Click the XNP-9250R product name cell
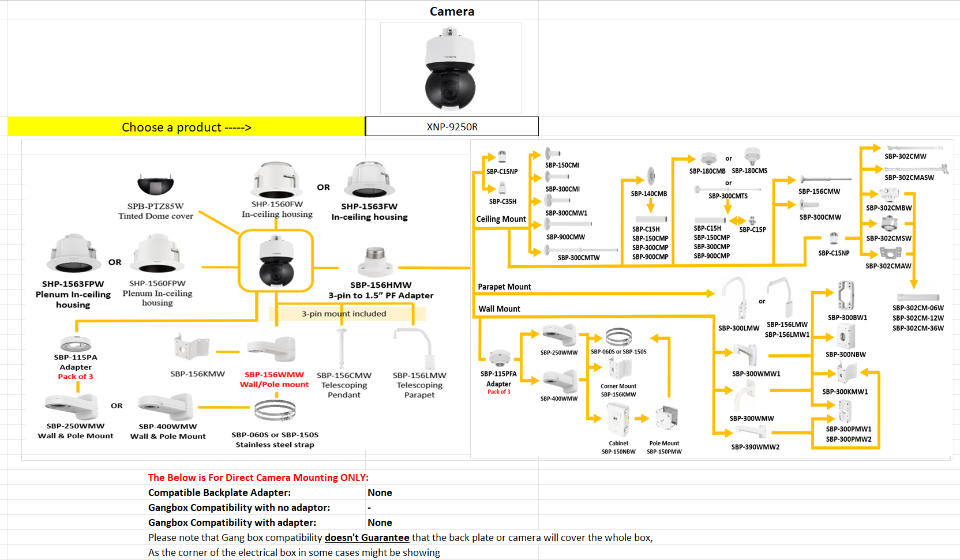(x=452, y=127)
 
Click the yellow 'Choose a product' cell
(x=186, y=127)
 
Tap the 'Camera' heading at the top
(x=452, y=12)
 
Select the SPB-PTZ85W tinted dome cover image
(x=156, y=185)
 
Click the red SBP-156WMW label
(x=274, y=374)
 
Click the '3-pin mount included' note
(x=344, y=314)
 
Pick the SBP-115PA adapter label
(x=76, y=358)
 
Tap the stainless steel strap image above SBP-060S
(x=275, y=411)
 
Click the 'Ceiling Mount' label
(x=501, y=219)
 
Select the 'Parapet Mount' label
(x=504, y=287)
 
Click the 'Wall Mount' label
(x=499, y=309)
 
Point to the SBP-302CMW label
(x=905, y=156)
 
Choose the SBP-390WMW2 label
(x=755, y=447)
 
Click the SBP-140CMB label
(x=648, y=194)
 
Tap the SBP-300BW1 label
(x=847, y=318)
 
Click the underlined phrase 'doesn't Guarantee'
(x=367, y=538)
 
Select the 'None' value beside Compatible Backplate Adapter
(x=380, y=493)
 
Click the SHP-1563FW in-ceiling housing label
(x=369, y=206)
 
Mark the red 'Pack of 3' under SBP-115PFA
(x=500, y=392)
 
